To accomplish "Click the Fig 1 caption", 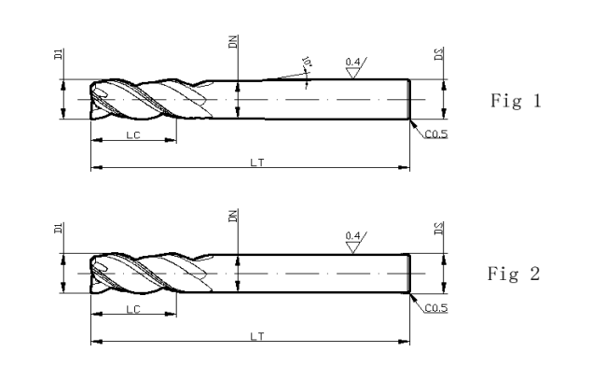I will tap(515, 101).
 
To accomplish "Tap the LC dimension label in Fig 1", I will tap(133, 135).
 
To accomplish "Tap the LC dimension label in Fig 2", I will tap(133, 309).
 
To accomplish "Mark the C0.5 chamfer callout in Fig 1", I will tap(434, 134).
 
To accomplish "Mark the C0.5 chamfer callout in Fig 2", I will tap(434, 308).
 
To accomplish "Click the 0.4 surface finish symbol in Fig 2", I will tap(353, 239).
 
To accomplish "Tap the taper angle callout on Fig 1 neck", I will tap(306, 63).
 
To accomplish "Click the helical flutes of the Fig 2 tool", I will tap(149, 274).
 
